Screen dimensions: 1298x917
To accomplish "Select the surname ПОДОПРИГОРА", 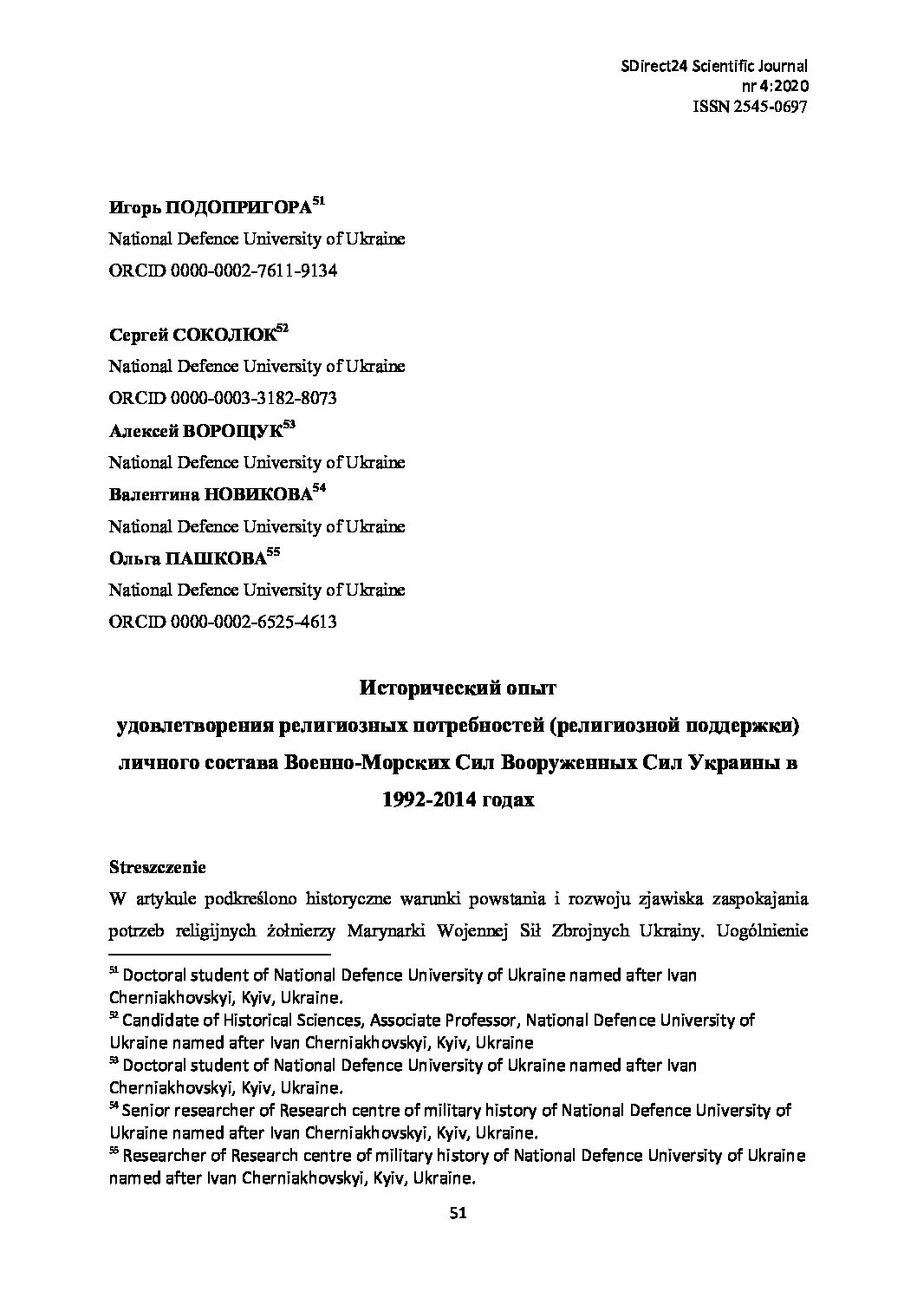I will point(237,208).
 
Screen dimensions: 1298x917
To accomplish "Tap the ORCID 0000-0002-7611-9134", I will point(256,271).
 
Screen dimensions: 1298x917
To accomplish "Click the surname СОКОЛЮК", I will point(224,336).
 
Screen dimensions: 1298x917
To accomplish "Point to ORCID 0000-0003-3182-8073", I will point(256,398).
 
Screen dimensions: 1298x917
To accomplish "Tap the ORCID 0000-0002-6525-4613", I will point(256,622).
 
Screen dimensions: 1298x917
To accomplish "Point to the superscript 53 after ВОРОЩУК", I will point(289,425).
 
